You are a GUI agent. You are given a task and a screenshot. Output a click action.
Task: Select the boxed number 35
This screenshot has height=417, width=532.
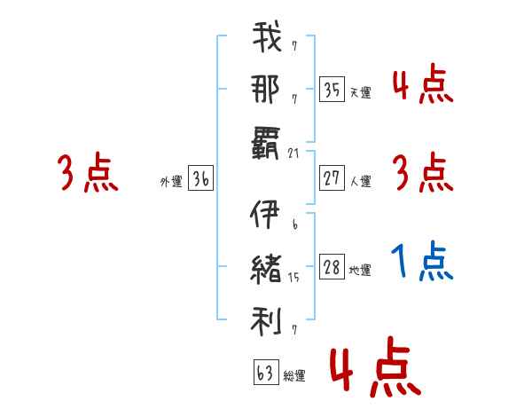tap(332, 89)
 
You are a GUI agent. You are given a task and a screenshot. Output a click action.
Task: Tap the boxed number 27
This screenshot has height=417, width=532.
tap(332, 179)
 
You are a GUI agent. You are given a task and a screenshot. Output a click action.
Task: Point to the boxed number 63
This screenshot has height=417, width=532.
tap(264, 374)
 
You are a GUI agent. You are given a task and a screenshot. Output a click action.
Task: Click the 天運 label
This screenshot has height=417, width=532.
tap(360, 92)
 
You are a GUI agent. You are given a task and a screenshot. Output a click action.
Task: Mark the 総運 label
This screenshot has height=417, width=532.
tap(293, 376)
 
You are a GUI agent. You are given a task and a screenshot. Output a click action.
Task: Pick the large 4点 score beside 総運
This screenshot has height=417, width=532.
tap(374, 368)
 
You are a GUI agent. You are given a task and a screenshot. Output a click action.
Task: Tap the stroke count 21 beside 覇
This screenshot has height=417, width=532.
tap(295, 153)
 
